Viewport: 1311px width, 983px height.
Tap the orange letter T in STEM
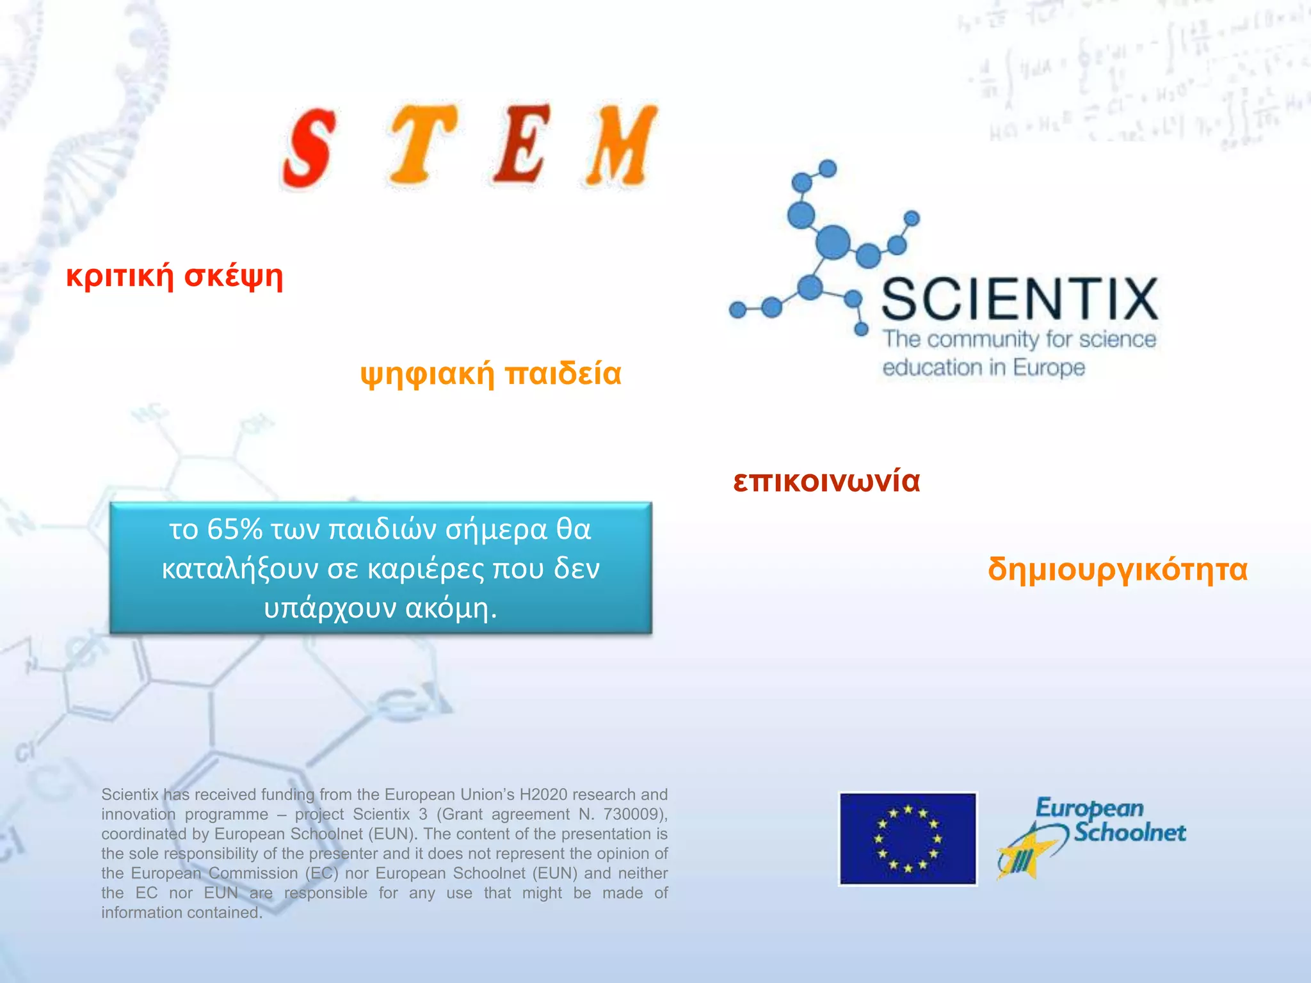(x=422, y=145)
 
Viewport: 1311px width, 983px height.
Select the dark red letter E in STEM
(x=523, y=143)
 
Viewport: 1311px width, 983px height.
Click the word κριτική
(x=120, y=276)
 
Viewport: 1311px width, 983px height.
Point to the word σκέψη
(x=234, y=276)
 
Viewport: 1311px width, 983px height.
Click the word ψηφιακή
(x=427, y=373)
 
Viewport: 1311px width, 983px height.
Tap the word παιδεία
(x=563, y=373)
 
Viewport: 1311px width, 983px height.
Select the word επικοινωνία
(x=826, y=481)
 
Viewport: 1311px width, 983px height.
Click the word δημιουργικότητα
(x=1118, y=568)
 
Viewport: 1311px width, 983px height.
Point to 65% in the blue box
(x=235, y=529)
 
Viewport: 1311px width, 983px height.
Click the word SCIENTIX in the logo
(x=1019, y=299)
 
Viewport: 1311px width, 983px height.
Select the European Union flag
(x=908, y=839)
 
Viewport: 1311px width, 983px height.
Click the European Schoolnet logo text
(x=1111, y=820)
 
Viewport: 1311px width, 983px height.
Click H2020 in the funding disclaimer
(x=543, y=794)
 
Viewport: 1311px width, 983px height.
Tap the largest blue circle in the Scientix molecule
(x=833, y=242)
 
